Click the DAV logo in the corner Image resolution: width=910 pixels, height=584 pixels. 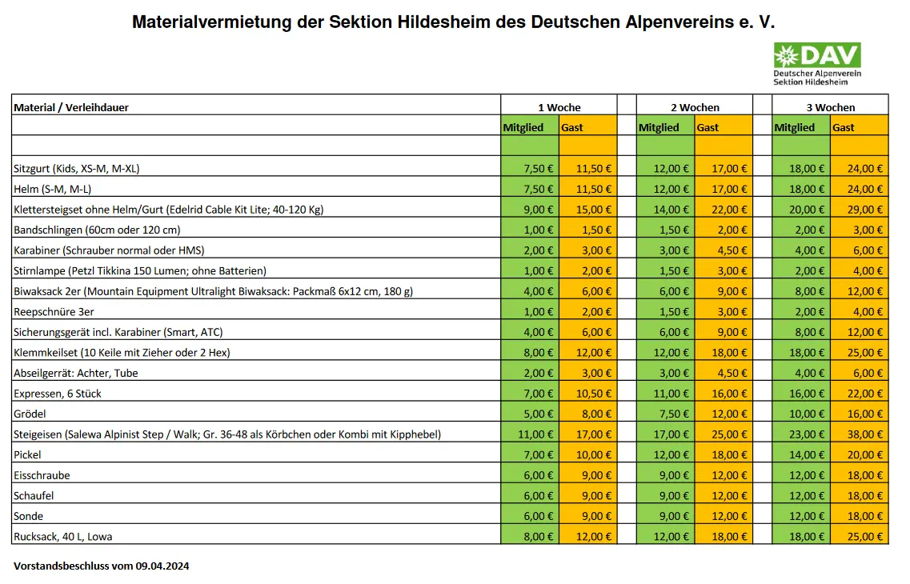coord(816,63)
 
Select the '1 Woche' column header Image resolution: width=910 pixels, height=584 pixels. coord(559,107)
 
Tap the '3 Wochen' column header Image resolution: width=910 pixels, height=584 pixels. coord(830,107)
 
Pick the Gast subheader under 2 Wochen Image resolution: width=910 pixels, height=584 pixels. coord(708,127)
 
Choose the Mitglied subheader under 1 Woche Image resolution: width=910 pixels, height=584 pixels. coord(523,127)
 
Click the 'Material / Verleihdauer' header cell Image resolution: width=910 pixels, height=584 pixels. coord(71,107)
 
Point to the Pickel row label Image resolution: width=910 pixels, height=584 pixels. coord(27,454)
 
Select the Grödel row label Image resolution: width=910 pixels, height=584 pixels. coord(30,414)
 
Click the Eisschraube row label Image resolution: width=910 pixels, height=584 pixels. coord(42,475)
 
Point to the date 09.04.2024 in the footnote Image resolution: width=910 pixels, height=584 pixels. coord(164,566)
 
